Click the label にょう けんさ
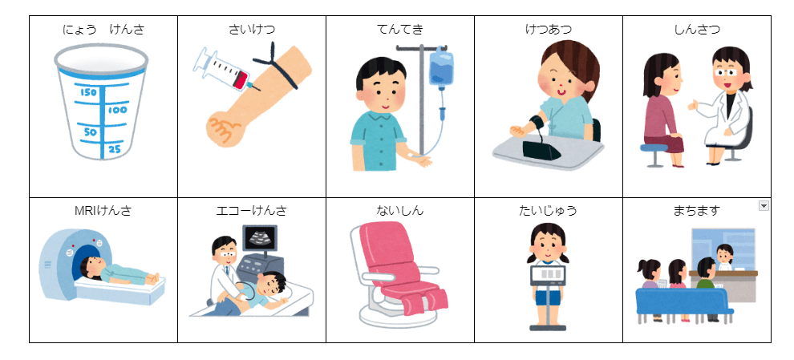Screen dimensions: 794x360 click(x=103, y=30)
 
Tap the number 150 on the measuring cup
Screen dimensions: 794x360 click(x=88, y=93)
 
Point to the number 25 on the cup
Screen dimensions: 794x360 click(x=115, y=149)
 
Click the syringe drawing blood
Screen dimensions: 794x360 click(x=222, y=70)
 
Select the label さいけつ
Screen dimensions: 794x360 click(x=252, y=30)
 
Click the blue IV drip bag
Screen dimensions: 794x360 click(x=441, y=68)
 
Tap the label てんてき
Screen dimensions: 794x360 click(x=400, y=30)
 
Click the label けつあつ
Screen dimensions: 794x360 click(x=549, y=30)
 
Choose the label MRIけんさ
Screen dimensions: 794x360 click(x=103, y=210)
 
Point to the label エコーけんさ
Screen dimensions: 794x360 click(x=251, y=210)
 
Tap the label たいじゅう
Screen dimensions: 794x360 click(x=548, y=210)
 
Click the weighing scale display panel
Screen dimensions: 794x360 click(x=549, y=274)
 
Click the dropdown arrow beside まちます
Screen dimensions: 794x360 click(x=764, y=205)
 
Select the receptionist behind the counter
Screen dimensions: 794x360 click(x=724, y=257)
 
